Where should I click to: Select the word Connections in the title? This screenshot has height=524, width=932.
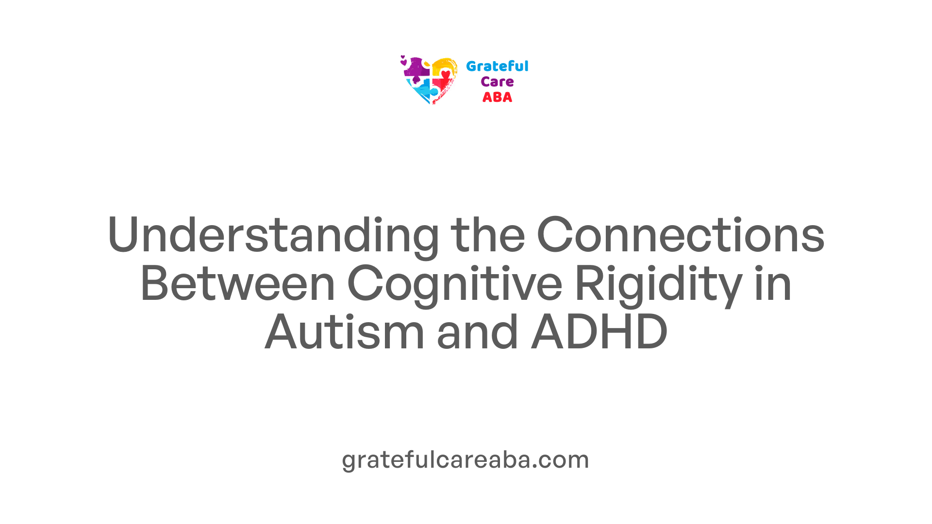[x=681, y=235]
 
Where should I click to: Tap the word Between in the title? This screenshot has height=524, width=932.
[x=238, y=283]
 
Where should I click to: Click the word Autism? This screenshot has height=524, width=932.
[x=345, y=332]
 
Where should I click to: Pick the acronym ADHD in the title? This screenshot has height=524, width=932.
[x=599, y=332]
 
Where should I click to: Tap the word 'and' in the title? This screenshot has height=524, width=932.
[x=478, y=332]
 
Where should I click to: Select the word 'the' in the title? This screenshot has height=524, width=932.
[x=488, y=235]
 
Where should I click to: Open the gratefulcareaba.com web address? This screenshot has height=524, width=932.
[x=466, y=459]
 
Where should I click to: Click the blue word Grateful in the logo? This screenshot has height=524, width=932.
[x=497, y=66]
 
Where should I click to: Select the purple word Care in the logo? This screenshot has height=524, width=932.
[x=497, y=82]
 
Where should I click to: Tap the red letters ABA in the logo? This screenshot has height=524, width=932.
[x=497, y=98]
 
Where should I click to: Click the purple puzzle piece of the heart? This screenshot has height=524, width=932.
[x=416, y=69]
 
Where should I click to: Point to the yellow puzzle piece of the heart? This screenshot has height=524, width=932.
[x=444, y=66]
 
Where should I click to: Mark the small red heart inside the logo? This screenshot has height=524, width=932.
[x=446, y=74]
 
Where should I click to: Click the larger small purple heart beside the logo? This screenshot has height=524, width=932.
[x=403, y=63]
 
